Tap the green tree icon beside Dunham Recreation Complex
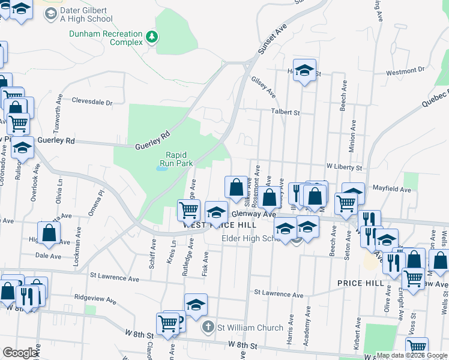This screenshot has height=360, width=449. [153, 37]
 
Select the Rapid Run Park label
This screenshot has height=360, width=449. [179, 158]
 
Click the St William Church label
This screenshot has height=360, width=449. [250, 328]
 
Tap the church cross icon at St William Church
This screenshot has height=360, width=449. [208, 328]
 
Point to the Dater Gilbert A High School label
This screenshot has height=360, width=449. [86, 14]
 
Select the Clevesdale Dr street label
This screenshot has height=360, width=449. [92, 102]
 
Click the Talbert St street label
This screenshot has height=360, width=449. [285, 112]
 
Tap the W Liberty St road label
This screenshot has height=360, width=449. [345, 167]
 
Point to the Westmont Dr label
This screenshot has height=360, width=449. [405, 71]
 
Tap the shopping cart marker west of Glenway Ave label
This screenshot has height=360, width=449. [189, 210]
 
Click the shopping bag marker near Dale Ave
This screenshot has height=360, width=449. [49, 233]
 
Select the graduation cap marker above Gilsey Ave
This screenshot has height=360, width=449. [304, 71]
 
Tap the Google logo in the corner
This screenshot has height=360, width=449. [20, 353]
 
